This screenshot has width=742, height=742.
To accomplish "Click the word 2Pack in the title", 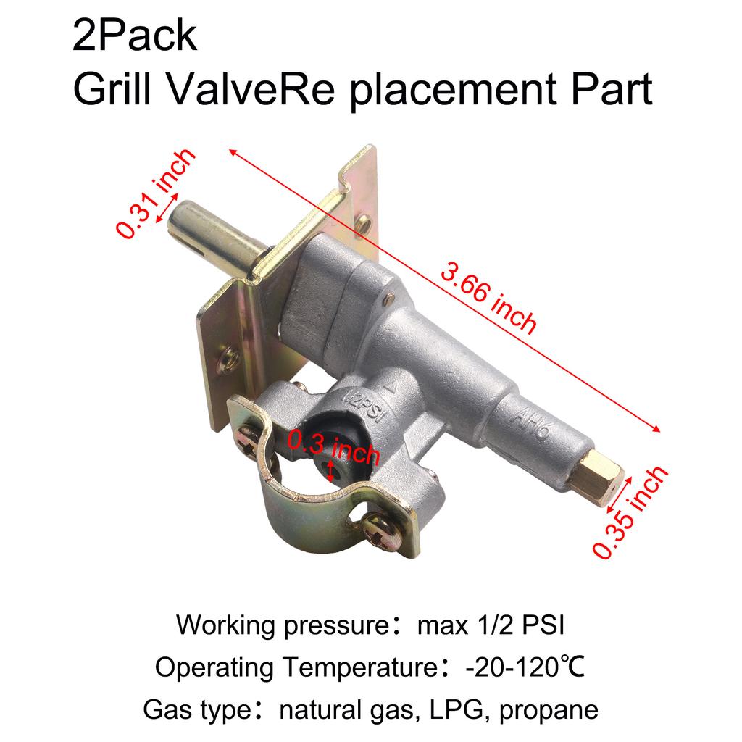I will click(x=134, y=36).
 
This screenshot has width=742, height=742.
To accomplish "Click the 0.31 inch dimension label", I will click(x=157, y=192).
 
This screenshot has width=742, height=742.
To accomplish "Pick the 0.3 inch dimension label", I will click(x=333, y=446).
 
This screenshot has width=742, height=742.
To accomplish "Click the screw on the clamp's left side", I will click(x=249, y=438).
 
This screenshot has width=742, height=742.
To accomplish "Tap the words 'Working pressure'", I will click(x=279, y=624).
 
